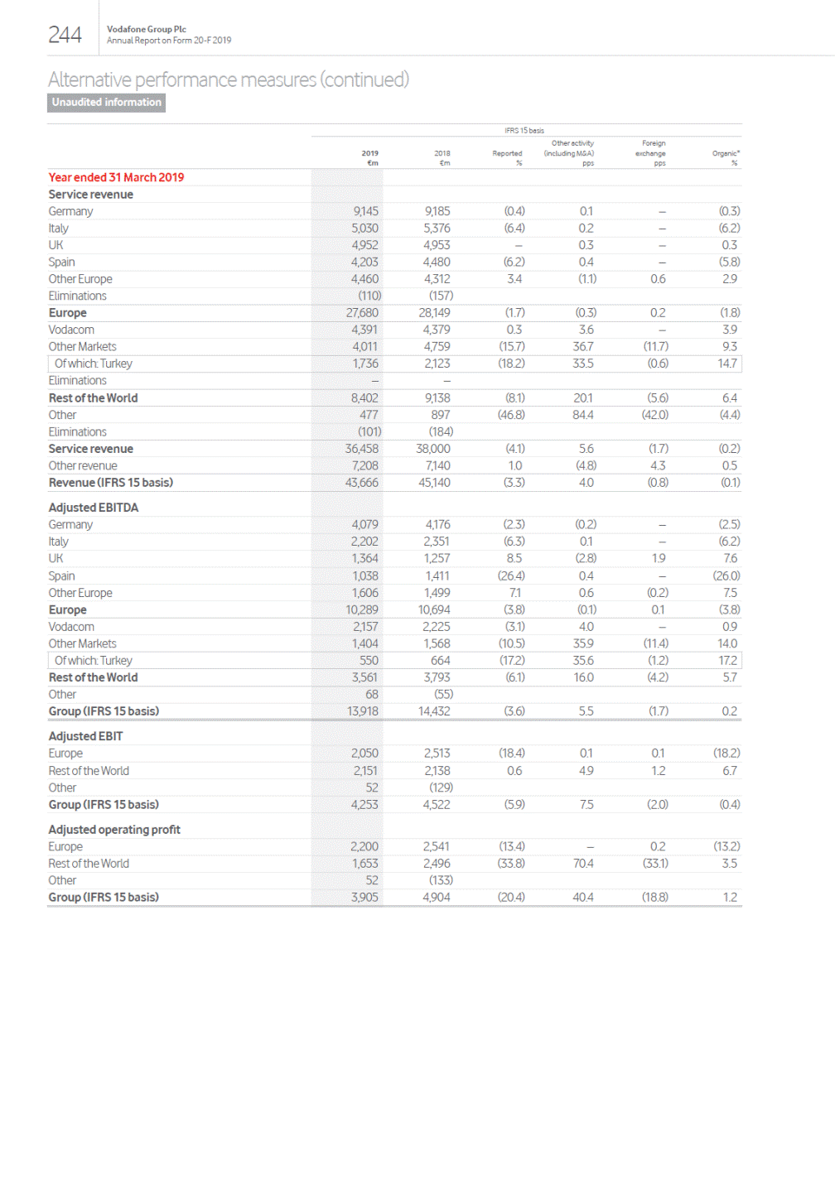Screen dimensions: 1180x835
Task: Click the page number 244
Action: [65, 35]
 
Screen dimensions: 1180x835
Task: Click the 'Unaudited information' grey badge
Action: [106, 103]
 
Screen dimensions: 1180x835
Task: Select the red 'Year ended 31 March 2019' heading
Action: [116, 177]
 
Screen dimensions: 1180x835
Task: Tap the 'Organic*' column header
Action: [726, 153]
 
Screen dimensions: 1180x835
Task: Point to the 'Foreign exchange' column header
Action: [652, 153]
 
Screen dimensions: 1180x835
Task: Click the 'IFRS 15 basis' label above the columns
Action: [524, 131]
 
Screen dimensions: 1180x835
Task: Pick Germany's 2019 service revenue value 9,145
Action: [365, 211]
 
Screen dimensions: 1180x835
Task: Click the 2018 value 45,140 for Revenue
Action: [434, 483]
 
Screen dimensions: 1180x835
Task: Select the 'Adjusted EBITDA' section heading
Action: [94, 508]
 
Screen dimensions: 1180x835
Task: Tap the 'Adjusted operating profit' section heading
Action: [114, 830]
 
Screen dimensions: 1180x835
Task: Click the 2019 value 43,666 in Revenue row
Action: [362, 483]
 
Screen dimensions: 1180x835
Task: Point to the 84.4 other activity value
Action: [583, 415]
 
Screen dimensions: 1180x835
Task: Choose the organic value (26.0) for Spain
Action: [726, 576]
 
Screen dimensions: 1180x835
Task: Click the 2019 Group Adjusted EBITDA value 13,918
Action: [363, 711]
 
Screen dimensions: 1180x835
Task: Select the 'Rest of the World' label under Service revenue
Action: [93, 398]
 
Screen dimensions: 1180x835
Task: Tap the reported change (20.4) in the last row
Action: [511, 898]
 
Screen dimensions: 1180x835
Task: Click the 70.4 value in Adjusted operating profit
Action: [583, 864]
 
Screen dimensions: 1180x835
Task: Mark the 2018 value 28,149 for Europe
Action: [434, 313]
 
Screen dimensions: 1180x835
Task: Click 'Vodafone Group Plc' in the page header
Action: [147, 29]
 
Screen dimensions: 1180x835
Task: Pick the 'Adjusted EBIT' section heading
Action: [85, 736]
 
